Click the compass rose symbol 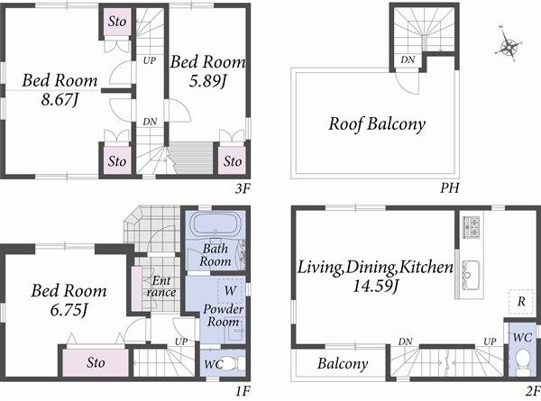coord(509,47)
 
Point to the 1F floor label coord(241,392)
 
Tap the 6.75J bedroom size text coord(69,311)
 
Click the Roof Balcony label coord(376,124)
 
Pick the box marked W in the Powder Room coord(229,291)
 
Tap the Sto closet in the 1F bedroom coord(96,362)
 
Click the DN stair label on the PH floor coord(408,60)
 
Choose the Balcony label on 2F coord(343,364)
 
